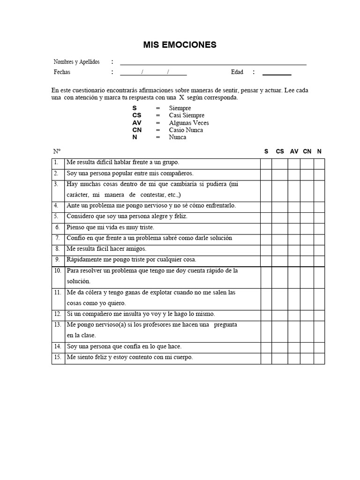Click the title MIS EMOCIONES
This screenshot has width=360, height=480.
coord(180,45)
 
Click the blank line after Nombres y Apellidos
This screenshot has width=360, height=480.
coord(213,63)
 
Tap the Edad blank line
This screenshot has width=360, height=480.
coord(277,73)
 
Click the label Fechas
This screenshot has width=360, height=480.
coord(62,72)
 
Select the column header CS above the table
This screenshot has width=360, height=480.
coord(280,151)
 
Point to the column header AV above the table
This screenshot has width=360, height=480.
coord(294,151)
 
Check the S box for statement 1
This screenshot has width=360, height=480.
coord(266,163)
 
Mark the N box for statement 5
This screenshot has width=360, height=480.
coord(319,217)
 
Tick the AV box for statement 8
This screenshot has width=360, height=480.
coord(294,249)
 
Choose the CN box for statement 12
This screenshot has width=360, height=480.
coord(307,315)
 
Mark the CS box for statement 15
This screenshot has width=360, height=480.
coord(280,358)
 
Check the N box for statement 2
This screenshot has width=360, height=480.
coord(319,173)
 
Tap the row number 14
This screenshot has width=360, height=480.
coord(57,347)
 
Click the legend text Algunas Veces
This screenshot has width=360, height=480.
coord(189,123)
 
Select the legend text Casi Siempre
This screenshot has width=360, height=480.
coord(187,115)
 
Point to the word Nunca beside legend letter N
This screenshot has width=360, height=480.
coord(178,137)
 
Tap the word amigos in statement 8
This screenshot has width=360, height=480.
coord(135,249)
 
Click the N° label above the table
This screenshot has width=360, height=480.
coord(57,151)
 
